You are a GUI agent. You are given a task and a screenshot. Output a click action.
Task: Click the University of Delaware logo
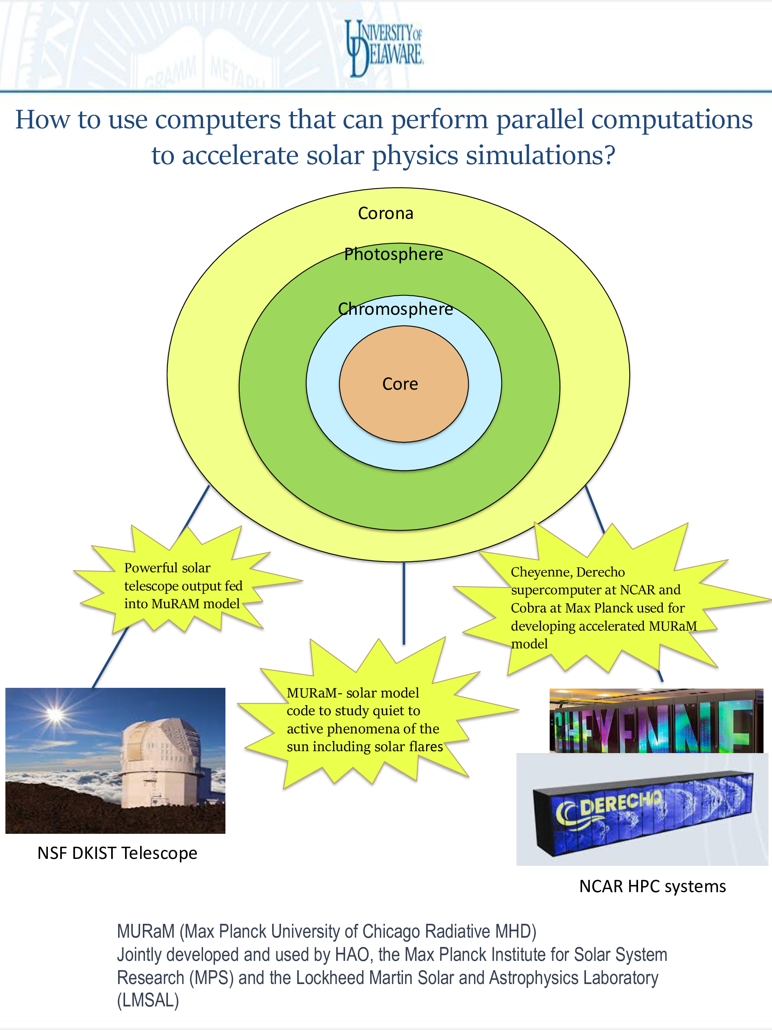pyautogui.click(x=384, y=48)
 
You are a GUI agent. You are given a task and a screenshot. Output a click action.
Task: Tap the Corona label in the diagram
pyautogui.click(x=385, y=213)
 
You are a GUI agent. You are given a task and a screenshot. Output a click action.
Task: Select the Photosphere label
pyautogui.click(x=394, y=254)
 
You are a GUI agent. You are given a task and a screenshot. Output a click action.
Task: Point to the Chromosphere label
pyautogui.click(x=396, y=309)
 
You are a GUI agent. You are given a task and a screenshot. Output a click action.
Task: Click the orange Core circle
pyautogui.click(x=403, y=383)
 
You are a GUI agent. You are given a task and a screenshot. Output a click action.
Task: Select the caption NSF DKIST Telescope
pyautogui.click(x=117, y=853)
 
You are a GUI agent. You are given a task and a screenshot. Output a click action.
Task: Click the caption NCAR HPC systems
pyautogui.click(x=652, y=886)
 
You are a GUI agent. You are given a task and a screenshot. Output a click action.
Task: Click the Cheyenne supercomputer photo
pyautogui.click(x=656, y=721)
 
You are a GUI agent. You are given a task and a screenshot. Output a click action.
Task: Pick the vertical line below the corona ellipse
pyautogui.click(x=404, y=603)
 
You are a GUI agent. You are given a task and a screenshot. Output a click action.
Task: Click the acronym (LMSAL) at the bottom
pyautogui.click(x=148, y=1000)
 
